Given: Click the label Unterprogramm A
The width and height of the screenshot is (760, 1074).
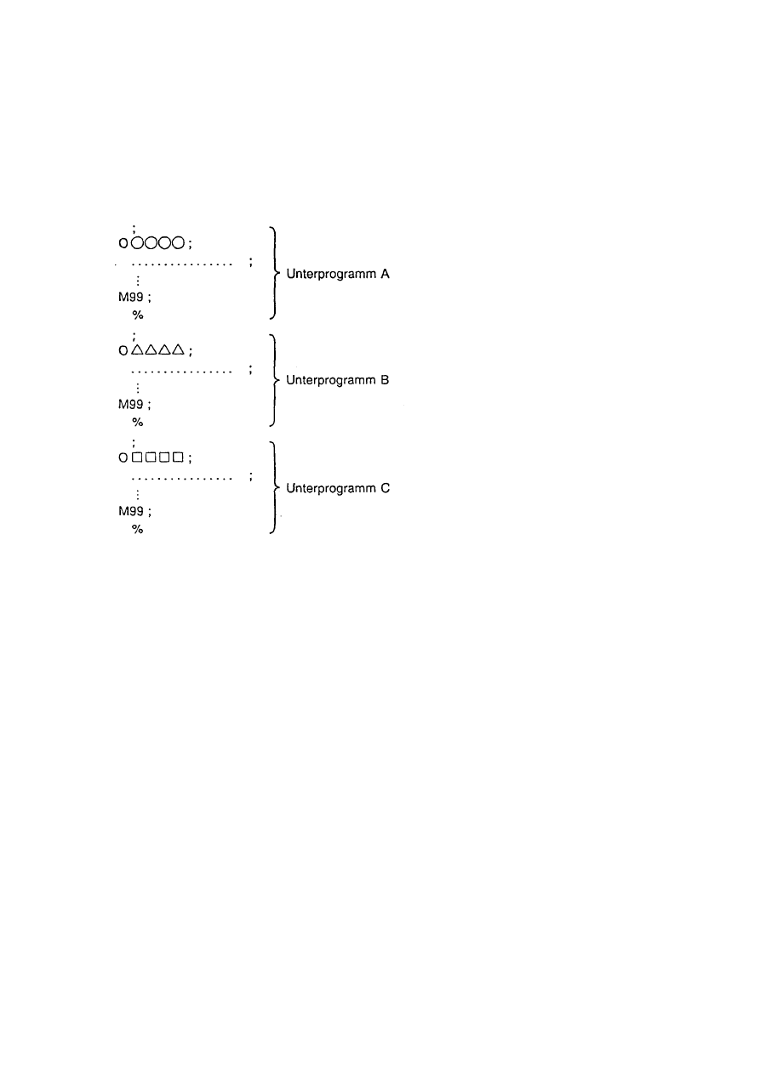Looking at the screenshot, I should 338,275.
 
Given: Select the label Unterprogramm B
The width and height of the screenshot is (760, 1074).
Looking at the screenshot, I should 338,381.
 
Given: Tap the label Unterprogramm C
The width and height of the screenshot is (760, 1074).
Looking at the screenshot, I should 338,489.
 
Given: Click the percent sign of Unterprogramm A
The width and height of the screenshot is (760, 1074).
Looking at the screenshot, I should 138,315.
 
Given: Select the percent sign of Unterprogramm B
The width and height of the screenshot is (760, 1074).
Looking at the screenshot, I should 138,422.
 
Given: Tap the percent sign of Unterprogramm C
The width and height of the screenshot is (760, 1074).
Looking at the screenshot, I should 138,530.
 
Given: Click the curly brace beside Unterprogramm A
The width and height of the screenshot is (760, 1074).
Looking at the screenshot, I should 272,272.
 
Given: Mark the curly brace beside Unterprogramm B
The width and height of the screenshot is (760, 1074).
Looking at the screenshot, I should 272,379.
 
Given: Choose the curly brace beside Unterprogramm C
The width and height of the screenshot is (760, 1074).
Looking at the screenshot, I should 272,487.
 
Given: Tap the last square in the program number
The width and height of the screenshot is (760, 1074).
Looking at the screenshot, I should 178,457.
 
